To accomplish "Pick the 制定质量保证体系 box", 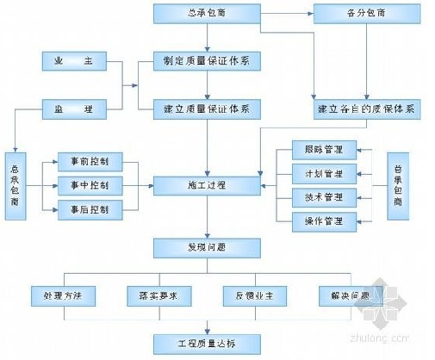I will pos(207,62).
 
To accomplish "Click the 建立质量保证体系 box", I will pos(207,109).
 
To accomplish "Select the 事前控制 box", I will pos(90,161).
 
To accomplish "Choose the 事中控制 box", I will pos(90,184).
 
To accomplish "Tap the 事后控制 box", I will pos(90,208).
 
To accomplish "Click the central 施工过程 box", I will pos(207,184).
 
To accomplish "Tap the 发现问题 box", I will pos(207,247).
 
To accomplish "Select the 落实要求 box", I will pos(156,296).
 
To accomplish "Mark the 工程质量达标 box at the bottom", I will pos(207,344).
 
